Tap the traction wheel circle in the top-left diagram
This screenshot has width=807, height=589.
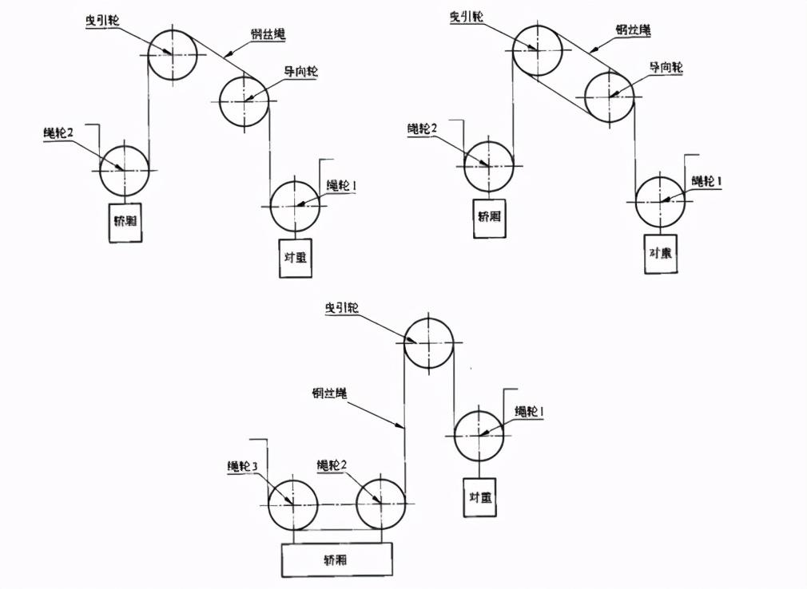click(172, 54)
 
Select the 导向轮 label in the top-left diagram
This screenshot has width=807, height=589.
click(301, 71)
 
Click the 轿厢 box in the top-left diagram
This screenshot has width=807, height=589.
click(125, 223)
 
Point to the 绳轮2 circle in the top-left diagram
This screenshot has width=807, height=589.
click(125, 170)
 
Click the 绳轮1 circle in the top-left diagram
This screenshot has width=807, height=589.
click(295, 205)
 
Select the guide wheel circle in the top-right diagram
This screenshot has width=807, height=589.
click(609, 96)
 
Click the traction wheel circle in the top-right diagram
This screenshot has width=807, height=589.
click(537, 49)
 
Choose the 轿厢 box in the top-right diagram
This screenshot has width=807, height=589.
click(489, 215)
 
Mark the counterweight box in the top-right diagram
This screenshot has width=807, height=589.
click(660, 254)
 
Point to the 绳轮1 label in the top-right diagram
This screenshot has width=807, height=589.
click(706, 181)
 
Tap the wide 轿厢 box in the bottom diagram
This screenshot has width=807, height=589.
click(336, 559)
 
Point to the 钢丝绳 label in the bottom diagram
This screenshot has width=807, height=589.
click(329, 393)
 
